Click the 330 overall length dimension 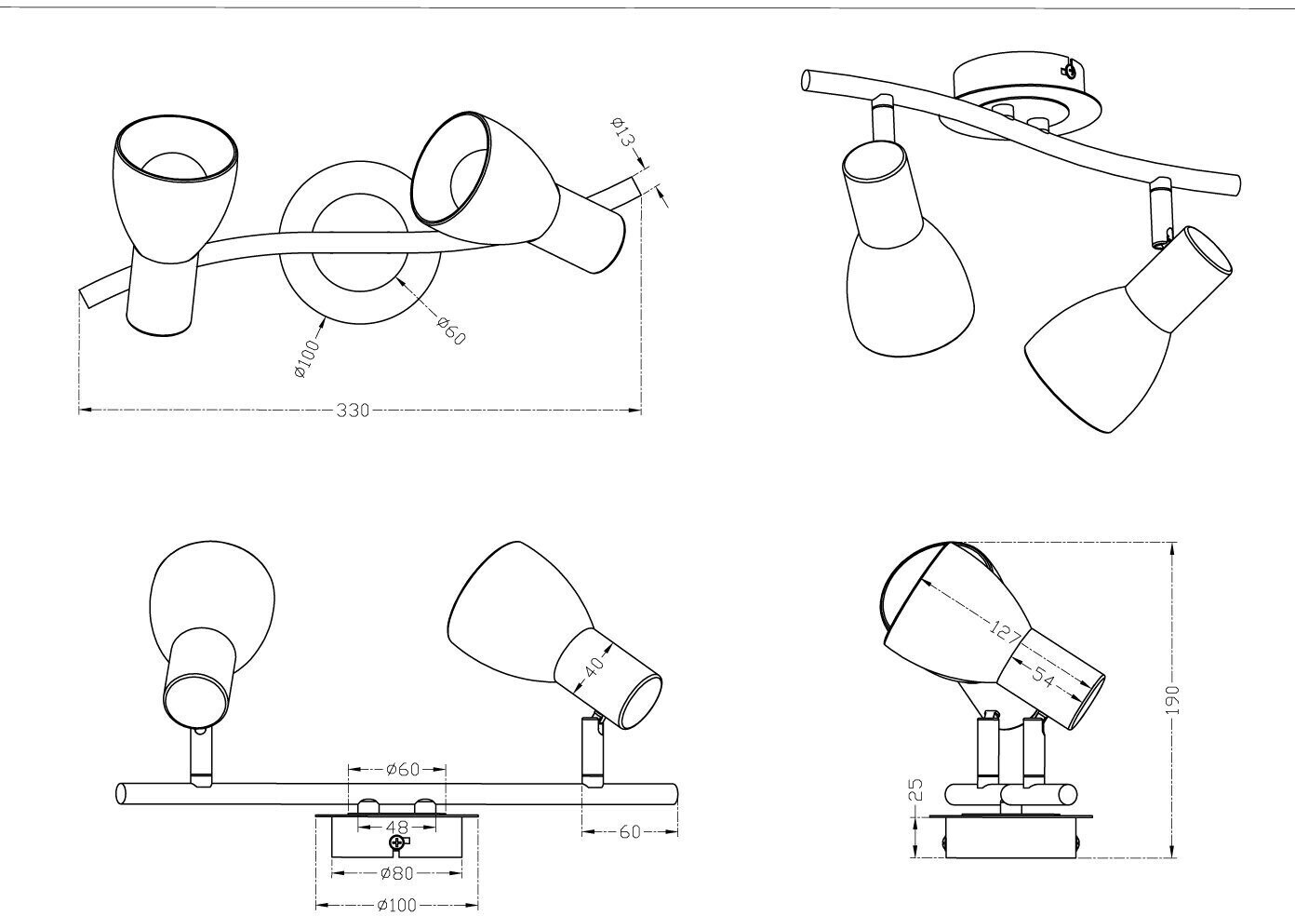coord(353,411)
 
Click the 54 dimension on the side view coord(1044,679)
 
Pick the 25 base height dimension coord(915,790)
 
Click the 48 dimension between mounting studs coord(397,826)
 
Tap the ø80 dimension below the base coord(396,873)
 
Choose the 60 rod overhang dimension coord(630,832)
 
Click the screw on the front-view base coord(397,843)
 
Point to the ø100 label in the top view coord(305,359)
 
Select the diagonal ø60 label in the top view coord(450,330)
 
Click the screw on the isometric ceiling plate coord(1072,69)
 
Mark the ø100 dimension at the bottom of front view coord(396,905)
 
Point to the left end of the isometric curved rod coord(806,80)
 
